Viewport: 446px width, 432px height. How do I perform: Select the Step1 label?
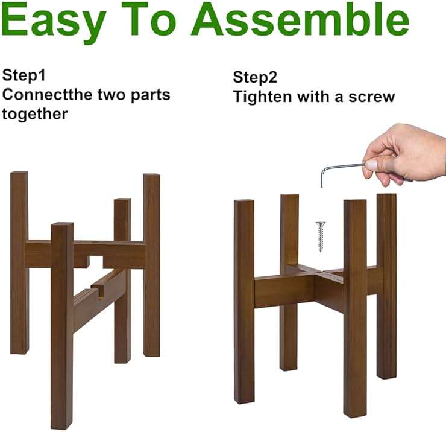pyautogui.click(x=24, y=75)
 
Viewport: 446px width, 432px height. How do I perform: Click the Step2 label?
pyautogui.click(x=255, y=77)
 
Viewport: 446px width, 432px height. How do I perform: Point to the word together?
pyautogui.click(x=35, y=114)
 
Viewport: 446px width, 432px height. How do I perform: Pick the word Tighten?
pyautogui.click(x=262, y=96)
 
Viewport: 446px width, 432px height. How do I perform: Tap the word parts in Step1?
pyautogui.click(x=151, y=95)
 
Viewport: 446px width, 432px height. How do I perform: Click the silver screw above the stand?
pyautogui.click(x=321, y=237)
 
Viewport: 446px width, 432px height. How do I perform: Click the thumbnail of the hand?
pyautogui.click(x=371, y=165)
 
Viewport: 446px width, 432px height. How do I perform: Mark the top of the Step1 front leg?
pyautogui.click(x=63, y=224)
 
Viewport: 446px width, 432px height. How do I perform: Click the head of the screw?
pyautogui.click(x=321, y=224)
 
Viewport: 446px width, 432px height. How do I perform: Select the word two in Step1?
pyautogui.click(x=111, y=95)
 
